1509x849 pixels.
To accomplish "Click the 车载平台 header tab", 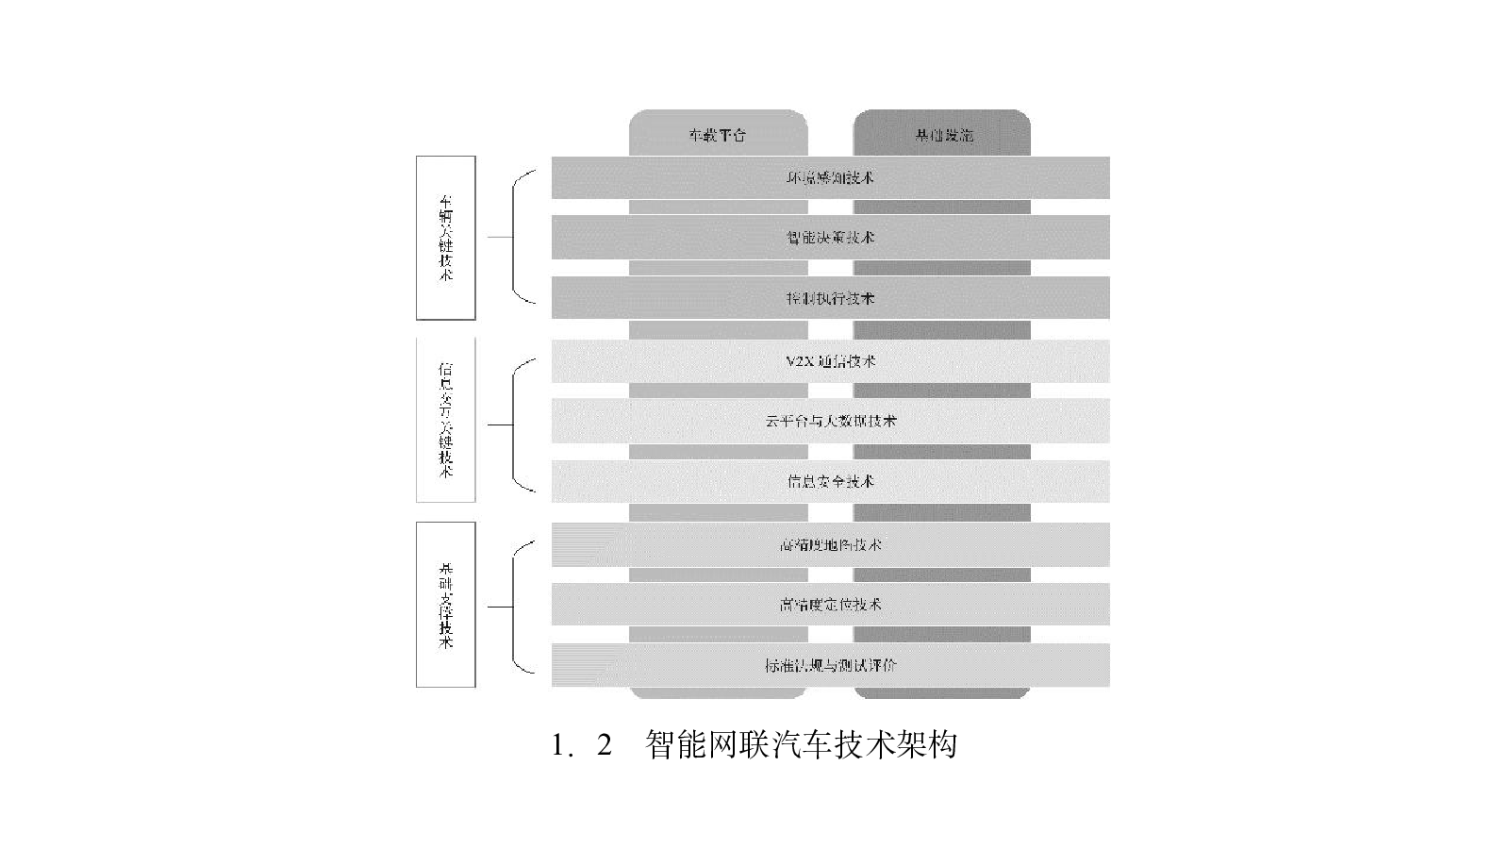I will coord(718,135).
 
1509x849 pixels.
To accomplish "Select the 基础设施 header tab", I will coord(942,135).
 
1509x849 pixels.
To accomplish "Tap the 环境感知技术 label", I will coord(830,177).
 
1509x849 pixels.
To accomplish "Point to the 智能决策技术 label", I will coord(830,238).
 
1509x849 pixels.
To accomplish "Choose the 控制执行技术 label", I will coord(830,298).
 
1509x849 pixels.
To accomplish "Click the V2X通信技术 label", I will coord(830,361).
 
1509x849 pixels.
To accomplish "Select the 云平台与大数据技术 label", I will coord(830,421).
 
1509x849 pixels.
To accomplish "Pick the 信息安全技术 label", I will coord(830,481).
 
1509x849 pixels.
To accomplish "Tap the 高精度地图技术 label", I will coord(830,544).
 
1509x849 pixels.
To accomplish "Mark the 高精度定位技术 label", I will coord(830,604).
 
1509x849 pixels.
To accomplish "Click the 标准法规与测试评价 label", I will coord(830,665).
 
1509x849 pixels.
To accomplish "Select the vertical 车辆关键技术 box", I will coord(446,238).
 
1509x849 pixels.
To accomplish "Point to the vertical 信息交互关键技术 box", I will coord(446,420).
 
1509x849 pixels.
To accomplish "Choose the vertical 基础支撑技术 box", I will coord(446,605).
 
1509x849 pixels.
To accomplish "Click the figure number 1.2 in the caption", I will coord(582,745).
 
